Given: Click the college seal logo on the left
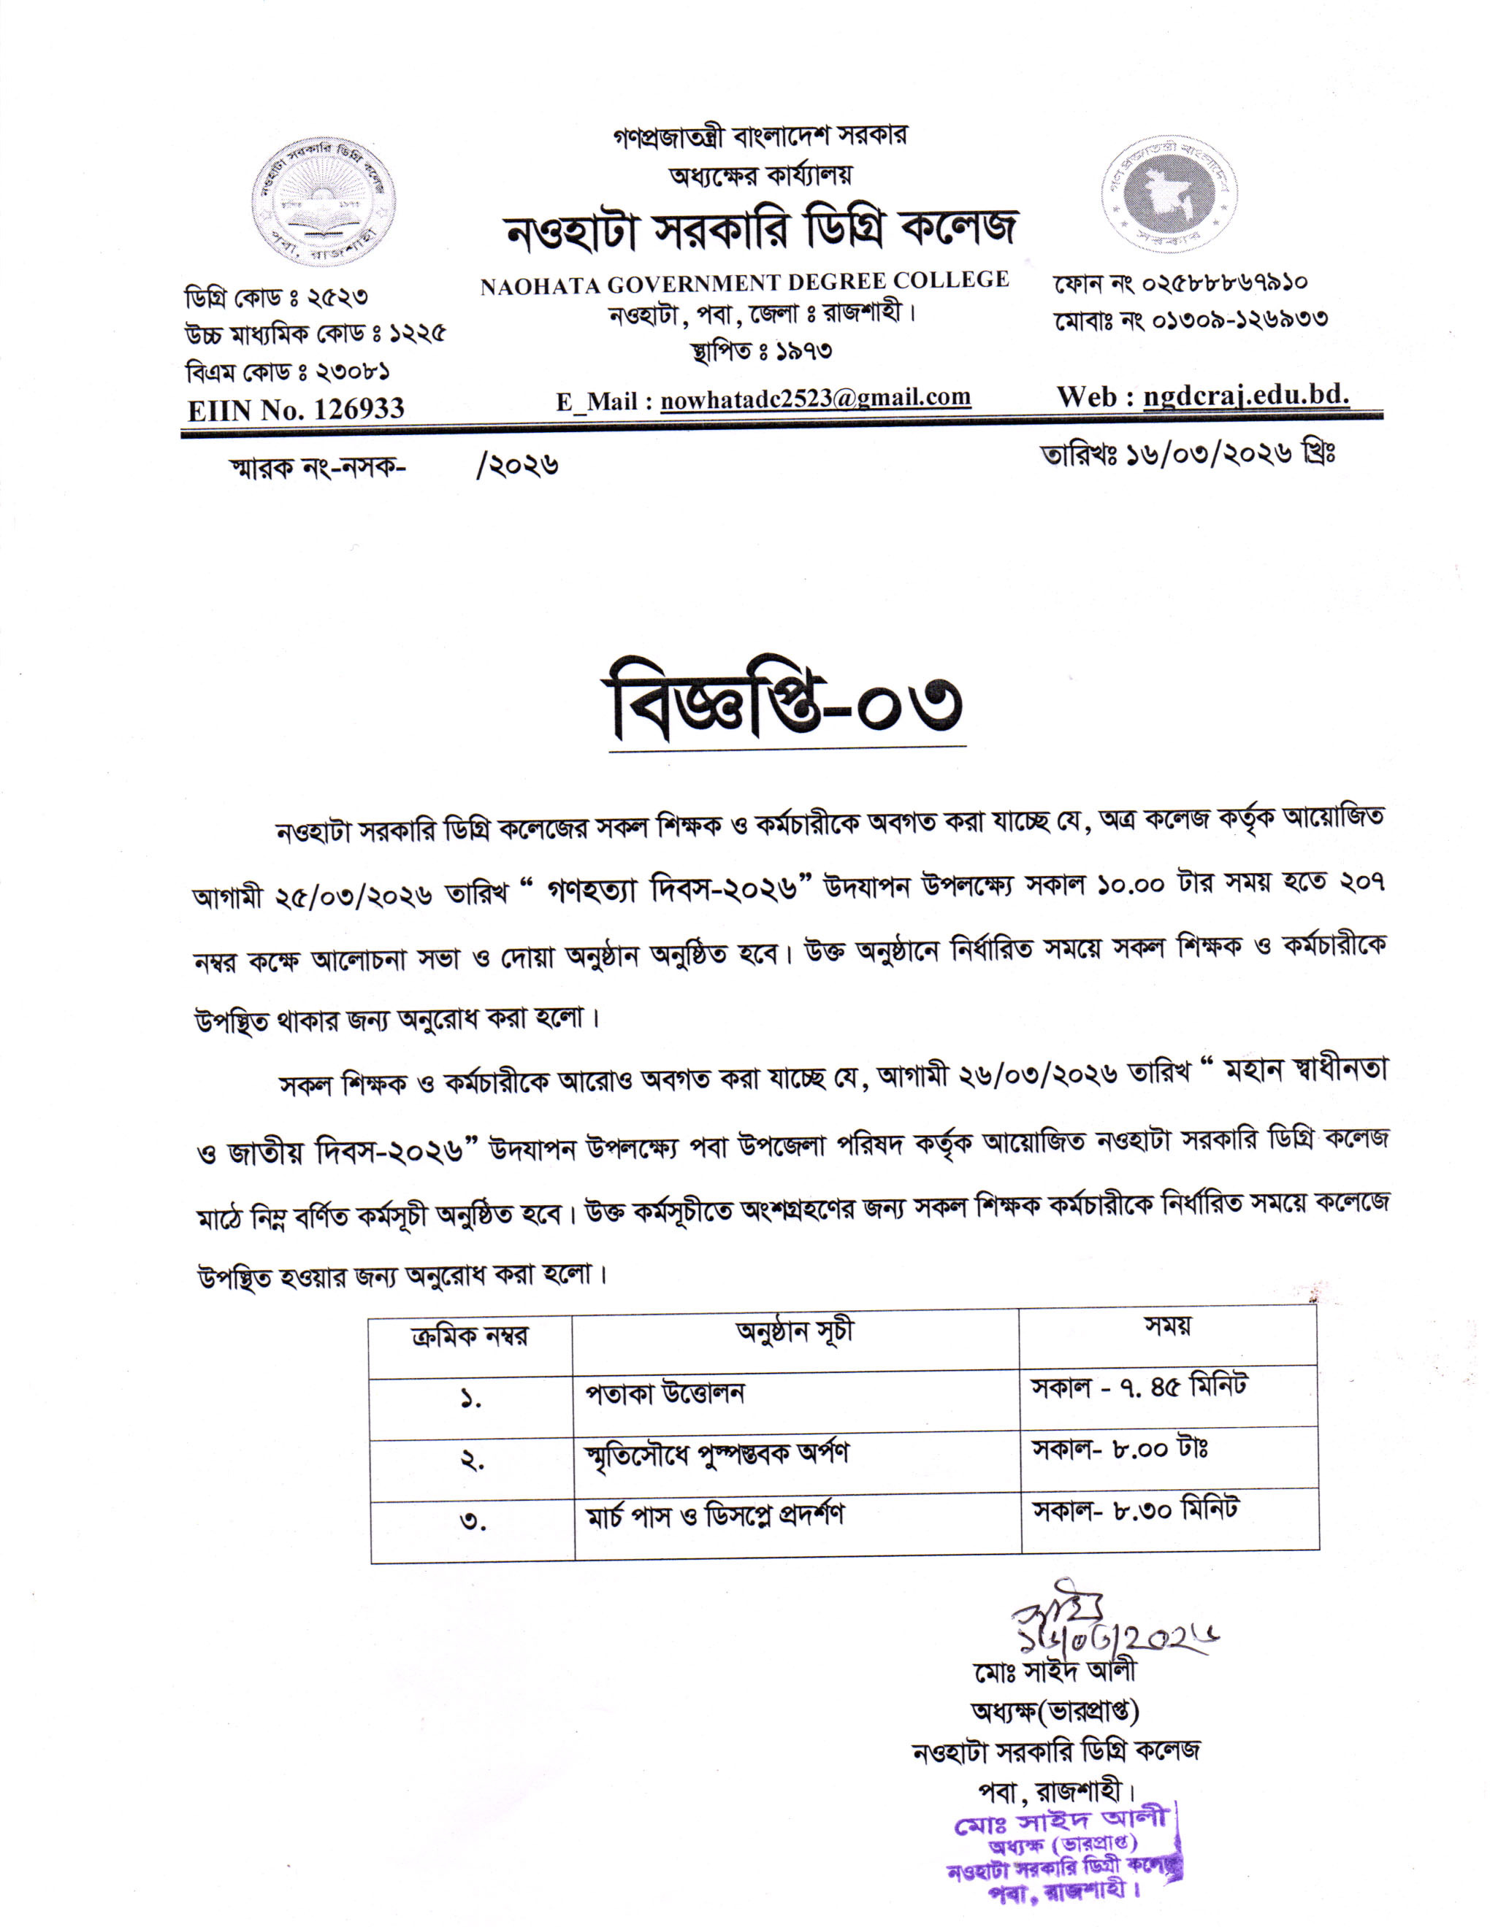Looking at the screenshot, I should pos(322,201).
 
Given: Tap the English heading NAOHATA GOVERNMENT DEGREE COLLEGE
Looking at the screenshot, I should pos(744,282).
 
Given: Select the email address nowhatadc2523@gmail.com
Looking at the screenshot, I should pos(816,398).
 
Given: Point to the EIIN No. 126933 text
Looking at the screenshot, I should pos(296,409).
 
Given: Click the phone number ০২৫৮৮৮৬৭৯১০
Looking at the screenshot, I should pos(1224,284).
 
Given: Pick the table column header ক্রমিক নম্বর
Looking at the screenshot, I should pos(470,1336).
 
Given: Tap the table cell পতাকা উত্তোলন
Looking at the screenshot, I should pos(665,1393).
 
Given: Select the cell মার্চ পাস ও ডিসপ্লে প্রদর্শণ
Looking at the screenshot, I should pos(715,1515).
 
